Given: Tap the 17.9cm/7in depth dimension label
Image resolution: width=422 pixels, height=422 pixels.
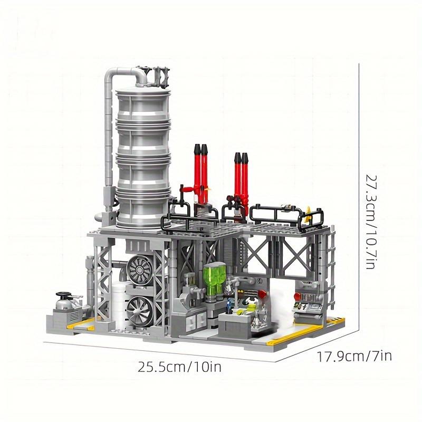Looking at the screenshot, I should pyautogui.click(x=354, y=357).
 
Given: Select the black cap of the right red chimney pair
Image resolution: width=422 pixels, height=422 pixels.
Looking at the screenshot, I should pyautogui.click(x=241, y=157).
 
